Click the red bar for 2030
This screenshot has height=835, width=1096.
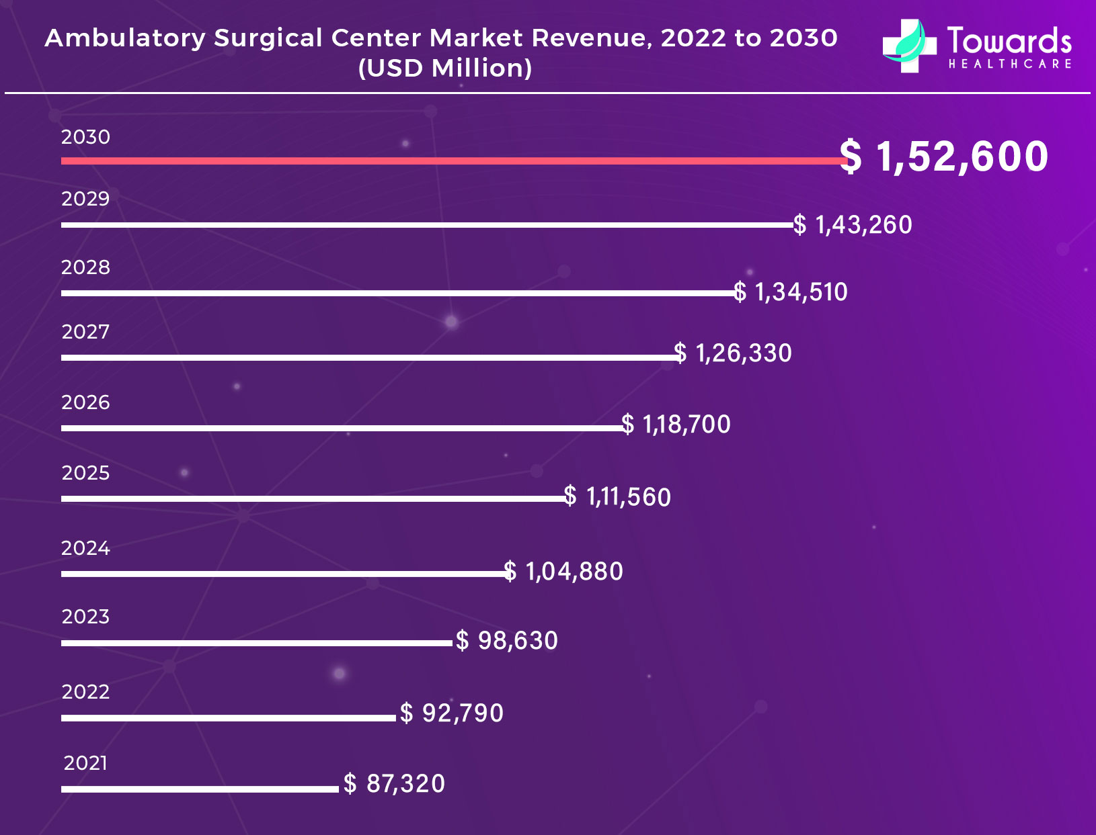[451, 161]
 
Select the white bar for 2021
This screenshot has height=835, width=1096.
[200, 789]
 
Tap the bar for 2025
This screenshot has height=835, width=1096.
[313, 498]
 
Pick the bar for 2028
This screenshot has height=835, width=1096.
[398, 293]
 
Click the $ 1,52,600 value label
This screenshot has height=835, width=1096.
[944, 157]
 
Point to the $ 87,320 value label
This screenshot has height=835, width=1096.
[394, 784]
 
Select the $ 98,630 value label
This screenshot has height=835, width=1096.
[507, 641]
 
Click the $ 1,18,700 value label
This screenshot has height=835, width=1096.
[676, 425]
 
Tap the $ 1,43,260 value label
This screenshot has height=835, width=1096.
[853, 225]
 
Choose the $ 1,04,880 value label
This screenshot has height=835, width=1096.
[563, 572]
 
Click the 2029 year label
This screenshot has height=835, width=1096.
[85, 199]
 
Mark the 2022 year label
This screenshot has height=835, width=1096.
[85, 692]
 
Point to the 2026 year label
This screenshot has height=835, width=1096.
[85, 402]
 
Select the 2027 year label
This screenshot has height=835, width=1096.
[85, 332]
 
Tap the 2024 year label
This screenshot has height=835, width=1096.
[85, 548]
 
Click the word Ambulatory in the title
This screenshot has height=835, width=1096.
[125, 38]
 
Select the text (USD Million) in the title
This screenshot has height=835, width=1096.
[445, 68]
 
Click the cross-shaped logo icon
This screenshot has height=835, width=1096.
[909, 46]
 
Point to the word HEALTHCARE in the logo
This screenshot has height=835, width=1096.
[1010, 64]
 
